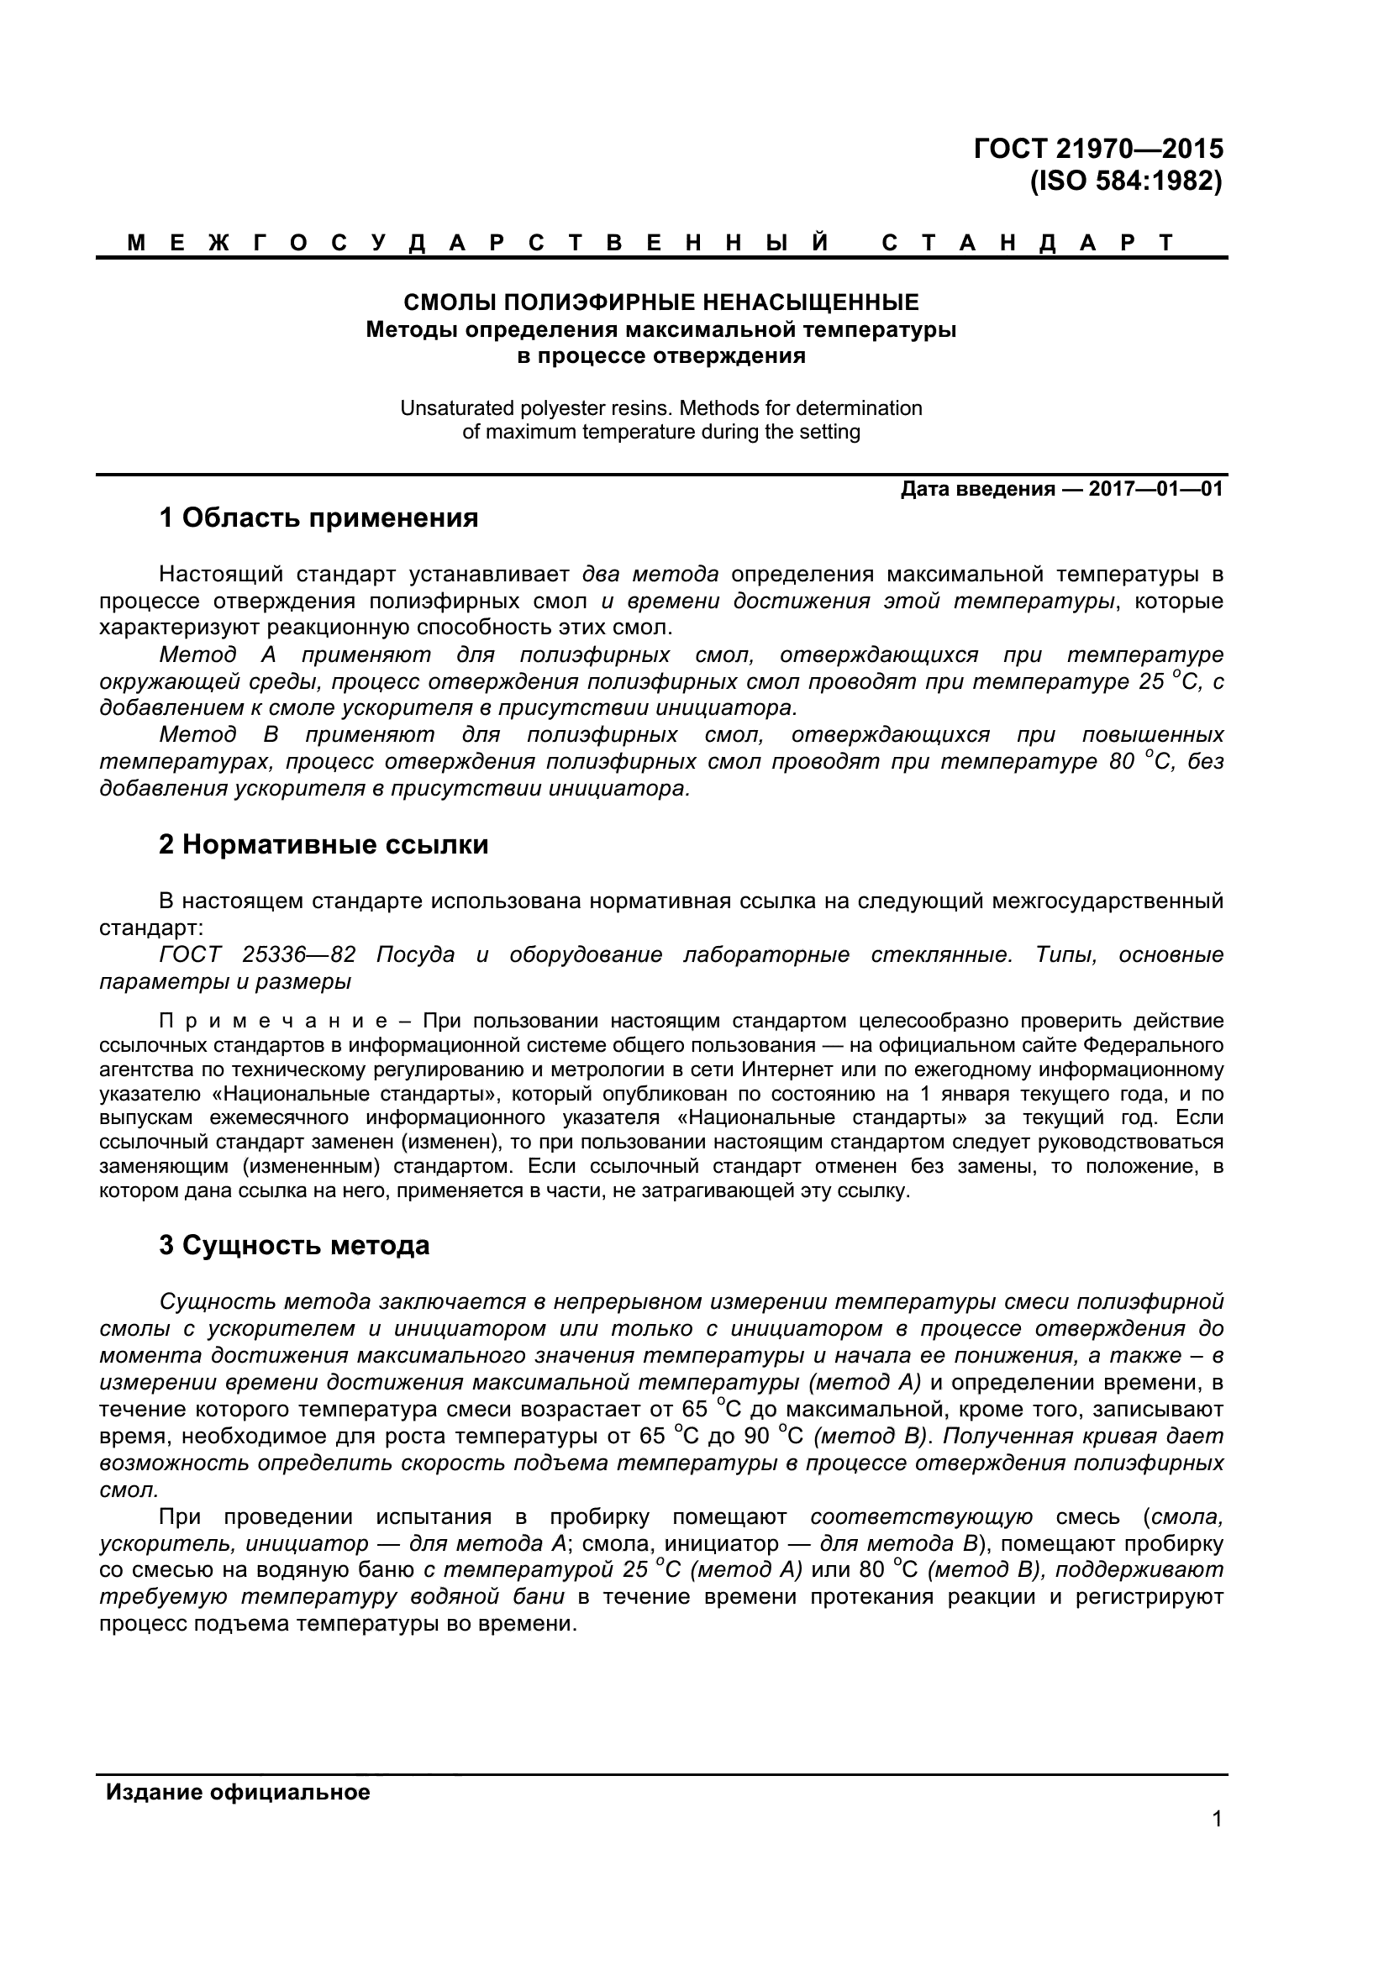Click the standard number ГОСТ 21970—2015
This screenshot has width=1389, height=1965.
pos(1098,149)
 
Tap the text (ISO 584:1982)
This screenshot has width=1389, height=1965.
pos(1126,181)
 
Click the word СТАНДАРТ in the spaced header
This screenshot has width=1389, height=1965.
pos(1029,243)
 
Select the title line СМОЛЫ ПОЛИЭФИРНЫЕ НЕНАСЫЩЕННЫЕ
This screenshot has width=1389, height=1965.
pos(660,302)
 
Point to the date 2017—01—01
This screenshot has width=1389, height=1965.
pos(1155,490)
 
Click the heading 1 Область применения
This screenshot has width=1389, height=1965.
pos(318,518)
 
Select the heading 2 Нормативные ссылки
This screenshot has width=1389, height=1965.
pos(324,844)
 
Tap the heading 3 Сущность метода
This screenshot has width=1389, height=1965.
pos(294,1245)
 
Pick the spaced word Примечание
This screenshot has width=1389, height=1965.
pos(274,1021)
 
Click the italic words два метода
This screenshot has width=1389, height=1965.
pos(650,574)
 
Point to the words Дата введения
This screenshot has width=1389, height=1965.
pos(977,490)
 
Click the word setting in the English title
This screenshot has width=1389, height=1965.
pos(828,432)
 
